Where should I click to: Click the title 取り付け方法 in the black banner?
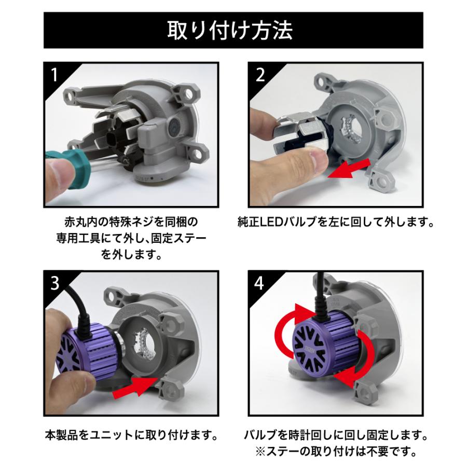tap(233, 31)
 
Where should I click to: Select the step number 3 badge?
tap(54, 284)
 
